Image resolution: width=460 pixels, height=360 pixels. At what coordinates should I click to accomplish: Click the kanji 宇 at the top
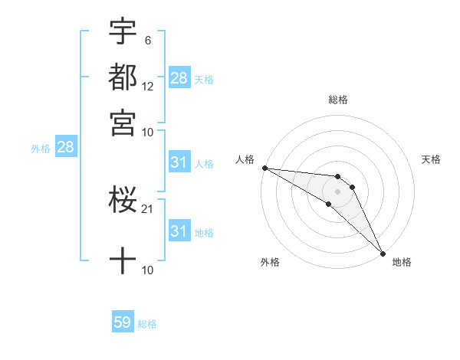pos(123,33)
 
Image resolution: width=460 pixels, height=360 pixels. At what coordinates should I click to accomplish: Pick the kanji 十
pos(123,260)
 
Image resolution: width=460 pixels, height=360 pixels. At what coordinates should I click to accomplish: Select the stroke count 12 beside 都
pos(148,87)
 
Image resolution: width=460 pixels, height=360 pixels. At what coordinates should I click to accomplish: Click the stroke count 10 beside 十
pos(148,270)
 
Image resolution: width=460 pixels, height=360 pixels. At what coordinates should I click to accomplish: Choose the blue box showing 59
pos(123,323)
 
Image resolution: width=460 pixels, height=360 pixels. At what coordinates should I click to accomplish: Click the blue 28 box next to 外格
pos(65,148)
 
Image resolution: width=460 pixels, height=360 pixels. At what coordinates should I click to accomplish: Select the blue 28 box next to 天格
pos(179,77)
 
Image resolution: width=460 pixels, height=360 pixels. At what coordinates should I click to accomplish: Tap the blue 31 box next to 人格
pos(179,162)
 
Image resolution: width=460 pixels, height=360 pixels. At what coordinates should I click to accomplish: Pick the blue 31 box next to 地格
pos(179,231)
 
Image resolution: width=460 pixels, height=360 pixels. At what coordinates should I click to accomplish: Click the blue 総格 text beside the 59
pos(147,324)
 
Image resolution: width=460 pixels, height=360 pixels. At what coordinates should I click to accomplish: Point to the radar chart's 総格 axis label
pos(338,100)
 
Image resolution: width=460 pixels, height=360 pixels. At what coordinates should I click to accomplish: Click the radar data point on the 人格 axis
pos(264,168)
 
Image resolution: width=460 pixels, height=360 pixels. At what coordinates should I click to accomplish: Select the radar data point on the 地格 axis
pos(383,253)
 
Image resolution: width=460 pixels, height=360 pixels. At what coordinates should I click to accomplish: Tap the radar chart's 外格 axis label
pos(270,263)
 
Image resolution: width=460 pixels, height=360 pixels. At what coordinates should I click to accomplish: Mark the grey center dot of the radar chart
pos(338,191)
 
